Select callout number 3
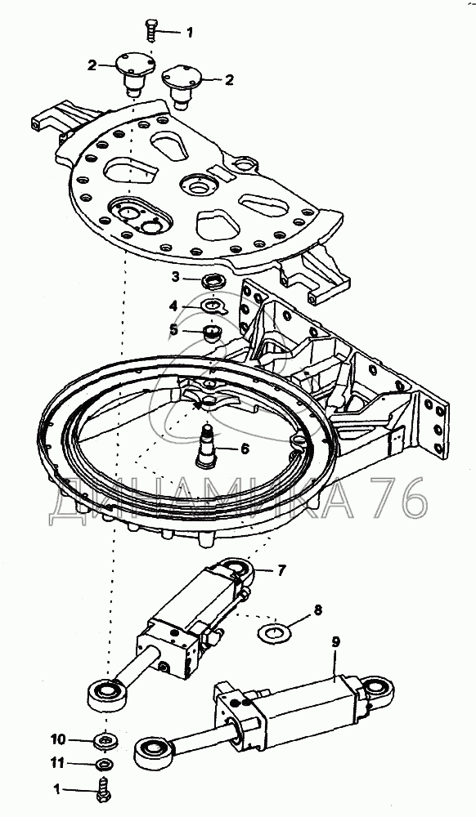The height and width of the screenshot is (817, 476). tap(176, 277)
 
